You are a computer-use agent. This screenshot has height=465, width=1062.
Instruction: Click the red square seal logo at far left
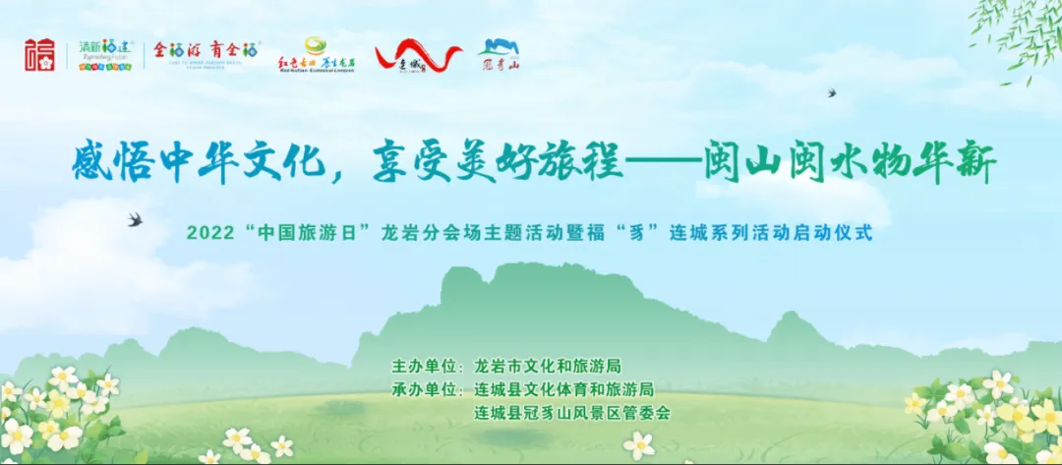41,56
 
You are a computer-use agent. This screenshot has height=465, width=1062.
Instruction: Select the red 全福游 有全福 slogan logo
206,53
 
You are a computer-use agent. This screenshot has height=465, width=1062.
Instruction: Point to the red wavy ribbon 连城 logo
417,56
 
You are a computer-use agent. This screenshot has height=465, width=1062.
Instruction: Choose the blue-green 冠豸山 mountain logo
499,55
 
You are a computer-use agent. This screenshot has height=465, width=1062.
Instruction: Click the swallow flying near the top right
832,93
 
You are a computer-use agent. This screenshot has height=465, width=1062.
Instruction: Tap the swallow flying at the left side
135,219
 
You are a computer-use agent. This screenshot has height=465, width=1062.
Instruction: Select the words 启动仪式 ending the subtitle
834,236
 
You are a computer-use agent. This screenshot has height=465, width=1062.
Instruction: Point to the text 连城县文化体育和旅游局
563,389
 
